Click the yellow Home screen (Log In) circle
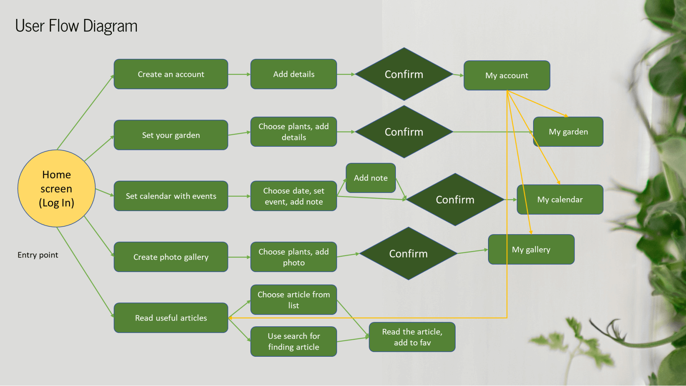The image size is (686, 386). click(x=56, y=189)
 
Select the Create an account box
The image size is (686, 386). click(x=171, y=74)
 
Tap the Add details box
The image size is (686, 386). click(x=294, y=74)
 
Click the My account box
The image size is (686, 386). click(x=506, y=75)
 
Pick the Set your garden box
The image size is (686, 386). click(x=171, y=135)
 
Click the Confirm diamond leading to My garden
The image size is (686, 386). click(x=404, y=132)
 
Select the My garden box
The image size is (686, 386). click(x=568, y=132)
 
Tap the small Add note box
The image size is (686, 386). click(x=371, y=178)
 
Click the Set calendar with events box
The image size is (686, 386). click(x=171, y=196)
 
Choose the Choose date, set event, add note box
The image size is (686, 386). click(x=294, y=196)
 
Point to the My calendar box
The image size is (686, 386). click(x=560, y=200)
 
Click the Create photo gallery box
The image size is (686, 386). click(x=171, y=257)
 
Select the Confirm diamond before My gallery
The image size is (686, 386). click(x=408, y=254)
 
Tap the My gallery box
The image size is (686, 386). click(x=531, y=250)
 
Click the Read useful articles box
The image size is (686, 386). click(x=171, y=318)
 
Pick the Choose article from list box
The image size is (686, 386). click(x=294, y=300)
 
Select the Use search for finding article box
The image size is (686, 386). click(x=294, y=341)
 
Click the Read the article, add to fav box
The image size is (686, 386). click(x=412, y=337)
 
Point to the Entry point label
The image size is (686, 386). click(x=38, y=255)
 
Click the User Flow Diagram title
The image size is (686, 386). click(x=76, y=26)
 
